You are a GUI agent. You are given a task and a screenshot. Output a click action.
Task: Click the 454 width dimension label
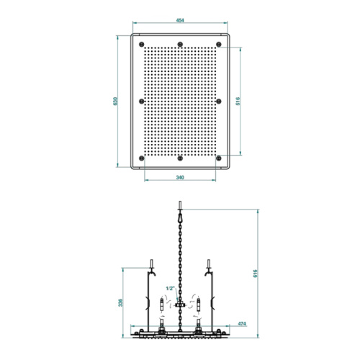180,20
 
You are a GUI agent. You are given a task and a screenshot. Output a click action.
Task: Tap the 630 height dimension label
115,101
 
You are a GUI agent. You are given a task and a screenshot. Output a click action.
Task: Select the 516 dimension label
238,101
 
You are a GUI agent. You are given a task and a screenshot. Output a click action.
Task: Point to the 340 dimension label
180,177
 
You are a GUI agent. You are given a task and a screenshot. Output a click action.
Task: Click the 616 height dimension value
256,274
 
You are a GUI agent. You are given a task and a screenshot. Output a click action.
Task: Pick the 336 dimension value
120,302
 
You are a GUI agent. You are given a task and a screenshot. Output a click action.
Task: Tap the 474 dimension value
242,324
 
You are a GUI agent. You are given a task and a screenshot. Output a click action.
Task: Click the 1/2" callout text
170,288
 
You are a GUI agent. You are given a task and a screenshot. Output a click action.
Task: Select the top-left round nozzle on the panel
142,45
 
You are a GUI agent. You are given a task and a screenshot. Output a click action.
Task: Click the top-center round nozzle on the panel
180,45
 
